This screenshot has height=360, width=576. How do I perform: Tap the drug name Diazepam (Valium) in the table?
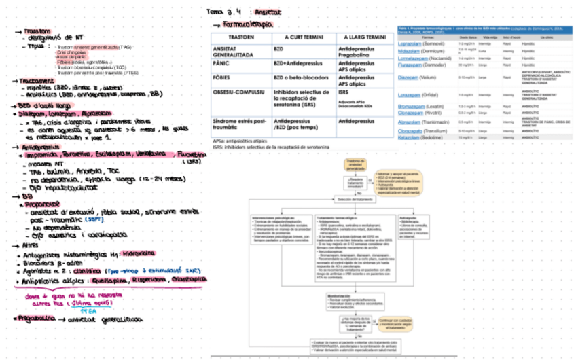click(416, 77)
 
